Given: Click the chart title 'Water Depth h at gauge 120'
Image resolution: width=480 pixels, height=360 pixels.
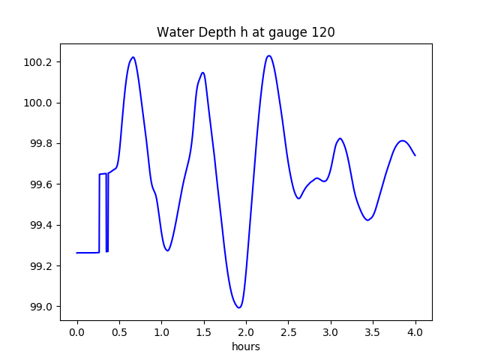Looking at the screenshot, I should (245, 32).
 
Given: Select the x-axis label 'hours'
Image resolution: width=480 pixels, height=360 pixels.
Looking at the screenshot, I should (245, 346).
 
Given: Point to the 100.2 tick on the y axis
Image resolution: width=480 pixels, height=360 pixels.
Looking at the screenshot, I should (37, 62).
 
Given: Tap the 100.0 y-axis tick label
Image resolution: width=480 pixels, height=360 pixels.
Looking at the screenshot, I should (37, 103).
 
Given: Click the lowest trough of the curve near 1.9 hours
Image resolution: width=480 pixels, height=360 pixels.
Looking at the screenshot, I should (238, 307).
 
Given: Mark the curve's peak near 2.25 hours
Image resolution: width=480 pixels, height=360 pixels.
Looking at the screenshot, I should (268, 55).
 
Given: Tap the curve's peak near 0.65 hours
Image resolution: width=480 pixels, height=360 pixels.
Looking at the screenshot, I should (133, 57).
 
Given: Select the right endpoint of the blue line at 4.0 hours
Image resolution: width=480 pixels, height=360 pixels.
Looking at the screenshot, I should (415, 155).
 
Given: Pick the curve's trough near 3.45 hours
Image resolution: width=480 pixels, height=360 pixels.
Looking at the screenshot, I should (367, 220).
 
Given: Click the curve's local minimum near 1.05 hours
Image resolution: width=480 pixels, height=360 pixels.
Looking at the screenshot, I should (167, 250).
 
